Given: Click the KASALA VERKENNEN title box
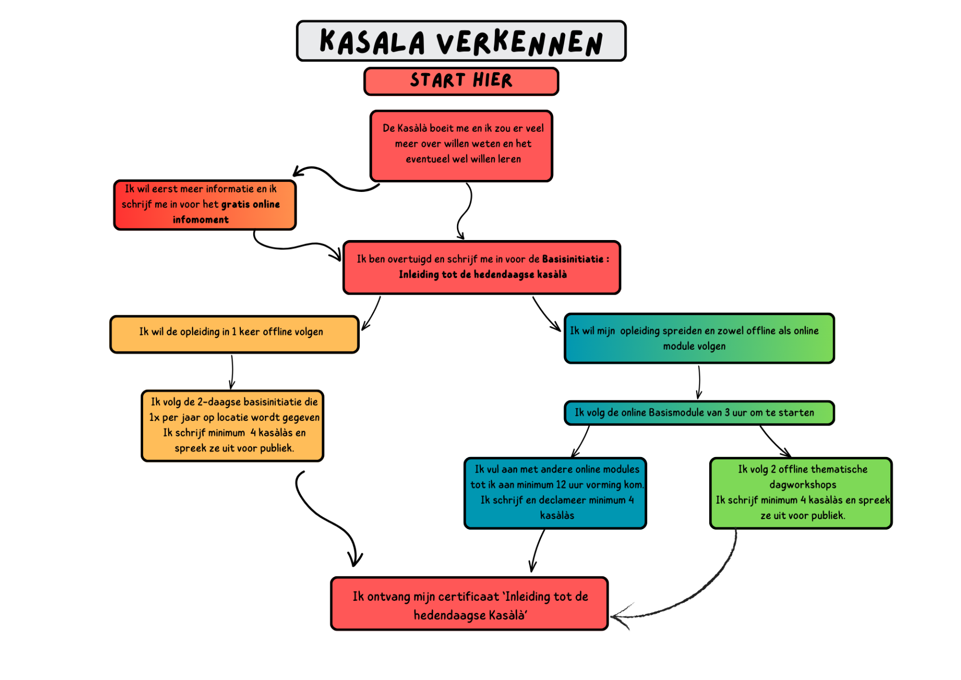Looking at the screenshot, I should (460, 41).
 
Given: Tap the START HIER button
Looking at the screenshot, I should (460, 81).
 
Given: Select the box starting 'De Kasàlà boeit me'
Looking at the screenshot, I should (460, 145).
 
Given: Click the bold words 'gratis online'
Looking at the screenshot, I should (250, 204).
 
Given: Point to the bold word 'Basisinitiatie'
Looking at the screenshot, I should (573, 259).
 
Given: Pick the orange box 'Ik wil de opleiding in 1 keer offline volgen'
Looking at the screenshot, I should (234, 334).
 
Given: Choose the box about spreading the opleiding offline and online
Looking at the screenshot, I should (698, 338).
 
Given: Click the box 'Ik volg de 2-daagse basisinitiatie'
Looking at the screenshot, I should (232, 425).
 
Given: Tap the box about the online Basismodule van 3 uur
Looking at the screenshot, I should (698, 413).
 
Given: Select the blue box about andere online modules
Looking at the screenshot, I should (555, 493).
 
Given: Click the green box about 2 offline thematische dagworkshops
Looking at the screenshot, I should (800, 493).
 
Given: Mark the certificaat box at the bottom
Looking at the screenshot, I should (469, 604).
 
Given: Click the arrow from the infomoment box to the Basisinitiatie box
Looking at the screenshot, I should (295, 246).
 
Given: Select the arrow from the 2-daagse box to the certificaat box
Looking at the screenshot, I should (325, 521).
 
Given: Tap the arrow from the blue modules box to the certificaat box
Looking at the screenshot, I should (537, 550).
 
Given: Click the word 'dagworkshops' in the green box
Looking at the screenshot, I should (802, 485).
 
